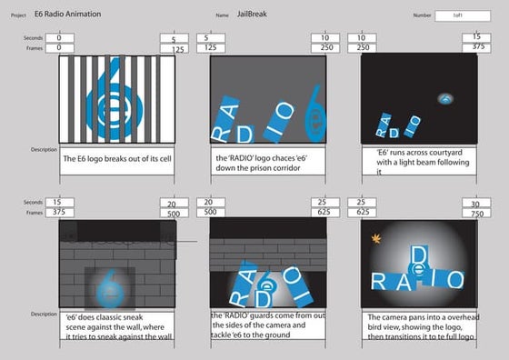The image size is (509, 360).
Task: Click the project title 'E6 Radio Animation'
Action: click(x=68, y=15)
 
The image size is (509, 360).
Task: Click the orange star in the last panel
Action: click(x=376, y=239)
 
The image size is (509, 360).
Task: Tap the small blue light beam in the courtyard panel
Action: click(x=445, y=97)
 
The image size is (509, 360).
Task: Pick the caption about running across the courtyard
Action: click(x=419, y=162)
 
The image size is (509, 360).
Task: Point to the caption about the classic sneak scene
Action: click(x=117, y=327)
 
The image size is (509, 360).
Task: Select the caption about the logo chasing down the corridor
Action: click(x=268, y=162)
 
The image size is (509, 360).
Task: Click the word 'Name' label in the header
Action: click(x=222, y=16)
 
